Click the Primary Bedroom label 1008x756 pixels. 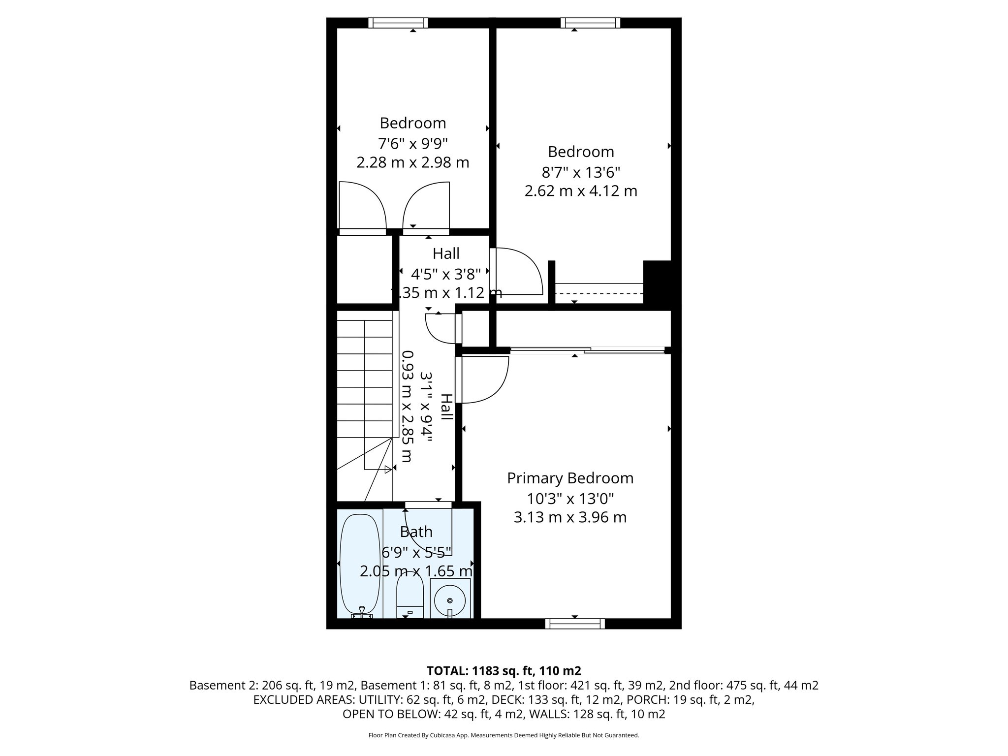coord(570,478)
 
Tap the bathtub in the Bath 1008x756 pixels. coord(360,564)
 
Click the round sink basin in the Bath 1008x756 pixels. coord(450,600)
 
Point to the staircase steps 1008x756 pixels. coord(364,379)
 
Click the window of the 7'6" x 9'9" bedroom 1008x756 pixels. coord(398,23)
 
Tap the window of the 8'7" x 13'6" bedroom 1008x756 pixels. coord(590,23)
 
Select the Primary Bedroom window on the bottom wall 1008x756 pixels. coord(575,624)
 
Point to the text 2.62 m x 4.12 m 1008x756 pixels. coord(581,191)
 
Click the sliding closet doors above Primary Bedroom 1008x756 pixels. coord(588,350)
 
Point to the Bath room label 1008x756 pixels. coord(416,532)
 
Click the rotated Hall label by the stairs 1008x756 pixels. coord(446,407)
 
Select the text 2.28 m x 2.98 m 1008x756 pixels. coord(412,162)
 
